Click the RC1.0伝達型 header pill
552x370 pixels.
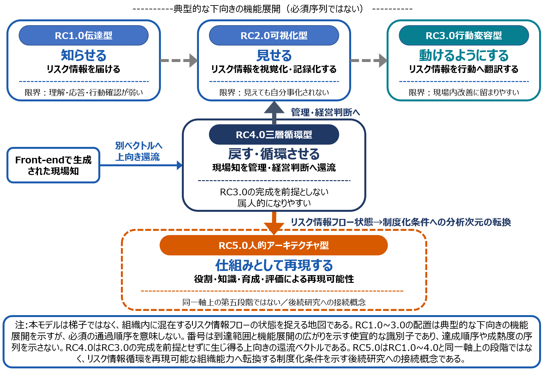(84, 35)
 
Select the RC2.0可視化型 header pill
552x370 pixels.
(274, 35)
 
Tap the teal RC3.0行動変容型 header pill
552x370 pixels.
(464, 35)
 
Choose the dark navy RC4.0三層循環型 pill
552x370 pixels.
(274, 135)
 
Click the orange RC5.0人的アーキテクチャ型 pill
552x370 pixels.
(273, 245)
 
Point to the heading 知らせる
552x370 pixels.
(84, 55)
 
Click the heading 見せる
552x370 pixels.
(274, 55)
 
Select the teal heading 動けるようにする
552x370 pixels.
(464, 55)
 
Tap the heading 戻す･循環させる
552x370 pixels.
(274, 154)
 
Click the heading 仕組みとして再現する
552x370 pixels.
(274, 265)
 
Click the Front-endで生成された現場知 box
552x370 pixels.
(53, 165)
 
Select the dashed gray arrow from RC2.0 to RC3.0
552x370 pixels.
(369, 60)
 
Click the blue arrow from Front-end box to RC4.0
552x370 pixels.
(141, 165)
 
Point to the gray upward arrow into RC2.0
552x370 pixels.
(274, 113)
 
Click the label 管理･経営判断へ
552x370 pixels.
(325, 112)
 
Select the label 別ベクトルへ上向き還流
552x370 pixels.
(139, 151)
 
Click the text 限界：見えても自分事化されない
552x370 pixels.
(274, 92)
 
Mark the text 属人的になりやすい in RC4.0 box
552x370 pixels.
(274, 203)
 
